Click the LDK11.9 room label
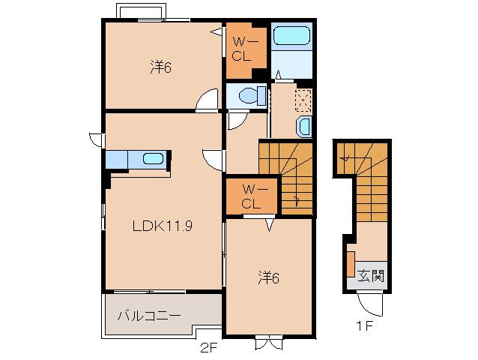coord(163,226)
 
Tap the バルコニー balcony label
coord(149,316)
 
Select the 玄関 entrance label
coord(371,276)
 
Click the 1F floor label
coord(365,326)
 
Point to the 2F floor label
coord(208,348)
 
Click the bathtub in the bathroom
coord(291,36)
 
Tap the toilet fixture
coord(252,96)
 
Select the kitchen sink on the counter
coord(153,159)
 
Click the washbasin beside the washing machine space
coord(304,127)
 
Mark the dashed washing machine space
coord(303,100)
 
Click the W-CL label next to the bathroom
coord(243,49)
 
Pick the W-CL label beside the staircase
coord(252,196)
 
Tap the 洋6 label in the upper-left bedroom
coord(160,67)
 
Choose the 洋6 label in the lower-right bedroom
coord(268,277)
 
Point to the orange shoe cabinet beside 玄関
coord(351,264)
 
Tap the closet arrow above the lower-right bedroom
coord(270,225)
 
